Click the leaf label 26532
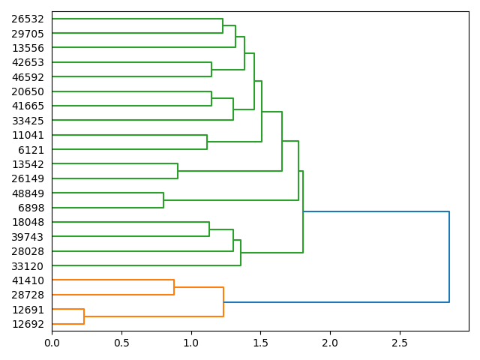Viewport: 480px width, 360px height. pyautogui.click(x=28, y=19)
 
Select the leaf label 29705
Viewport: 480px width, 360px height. pyautogui.click(x=28, y=33)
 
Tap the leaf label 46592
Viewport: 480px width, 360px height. pyautogui.click(x=28, y=76)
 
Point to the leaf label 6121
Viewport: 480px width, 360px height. pyautogui.click(x=31, y=149)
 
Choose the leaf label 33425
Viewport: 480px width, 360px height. pyautogui.click(x=28, y=120)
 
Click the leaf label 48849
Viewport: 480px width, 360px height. pyautogui.click(x=28, y=193)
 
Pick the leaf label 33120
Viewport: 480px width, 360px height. pyautogui.click(x=28, y=265)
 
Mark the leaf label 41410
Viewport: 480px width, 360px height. pyautogui.click(x=28, y=280)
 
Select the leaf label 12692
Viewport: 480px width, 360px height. pyautogui.click(x=28, y=324)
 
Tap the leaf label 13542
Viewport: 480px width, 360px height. pyautogui.click(x=28, y=163)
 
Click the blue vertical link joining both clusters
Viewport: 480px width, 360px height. pyautogui.click(x=449, y=257)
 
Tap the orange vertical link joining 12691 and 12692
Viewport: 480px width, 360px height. pyautogui.click(x=84, y=316)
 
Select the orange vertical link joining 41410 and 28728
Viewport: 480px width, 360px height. pyautogui.click(x=174, y=287)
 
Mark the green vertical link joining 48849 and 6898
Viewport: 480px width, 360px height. pyautogui.click(x=163, y=200)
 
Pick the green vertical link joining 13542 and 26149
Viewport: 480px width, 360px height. pyautogui.click(x=178, y=171)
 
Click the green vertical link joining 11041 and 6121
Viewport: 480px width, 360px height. pyautogui.click(x=207, y=142)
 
